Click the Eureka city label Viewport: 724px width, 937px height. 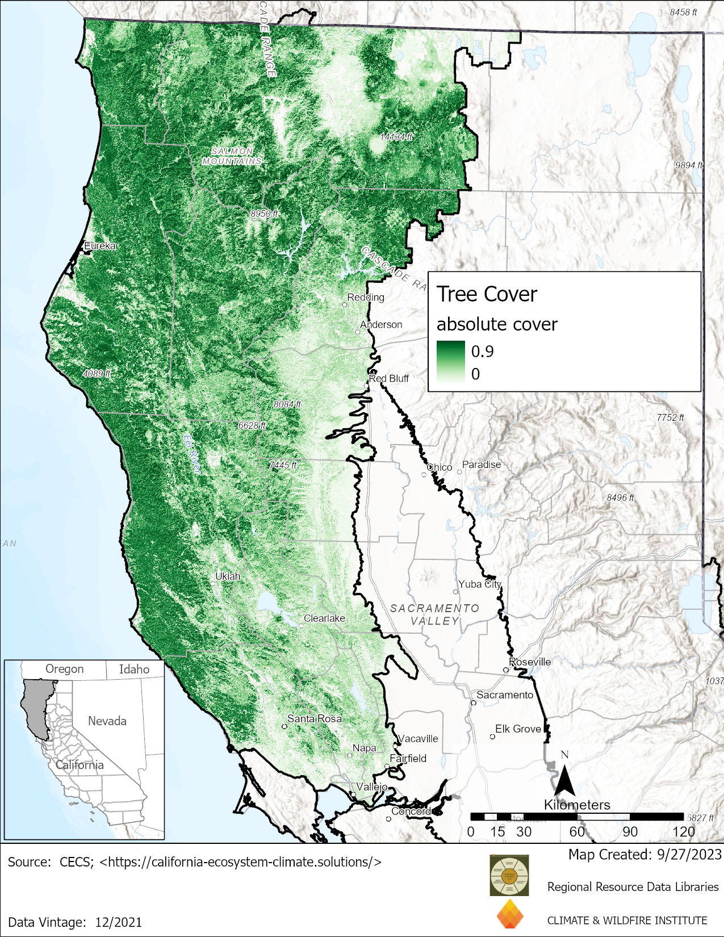point(100,246)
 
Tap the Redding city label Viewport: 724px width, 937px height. point(366,297)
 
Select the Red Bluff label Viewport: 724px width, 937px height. point(389,378)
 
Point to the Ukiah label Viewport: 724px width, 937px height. point(228,576)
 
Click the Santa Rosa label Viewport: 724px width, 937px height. point(315,718)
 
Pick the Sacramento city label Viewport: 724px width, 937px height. point(505,695)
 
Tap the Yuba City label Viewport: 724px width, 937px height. point(480,584)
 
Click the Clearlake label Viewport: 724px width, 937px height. point(324,618)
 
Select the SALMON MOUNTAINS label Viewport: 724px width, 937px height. point(232,156)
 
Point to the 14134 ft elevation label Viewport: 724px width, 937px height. point(396,137)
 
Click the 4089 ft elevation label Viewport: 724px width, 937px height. point(97,374)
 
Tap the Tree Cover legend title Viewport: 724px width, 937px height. point(487,294)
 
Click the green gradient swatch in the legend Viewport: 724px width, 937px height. point(450,362)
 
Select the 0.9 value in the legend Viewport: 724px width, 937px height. point(482,352)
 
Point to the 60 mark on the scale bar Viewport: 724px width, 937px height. point(577,832)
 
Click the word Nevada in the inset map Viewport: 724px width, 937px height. point(107,721)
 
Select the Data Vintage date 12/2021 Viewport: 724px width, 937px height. point(116,922)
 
